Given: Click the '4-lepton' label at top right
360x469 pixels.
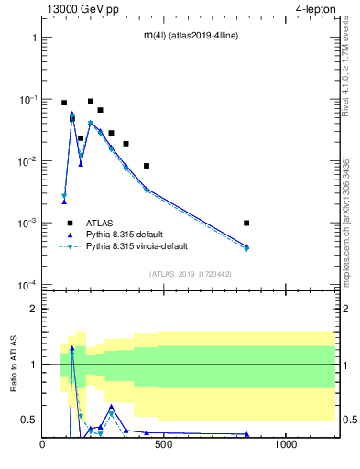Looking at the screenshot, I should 316,8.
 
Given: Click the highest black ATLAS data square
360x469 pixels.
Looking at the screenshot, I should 91,102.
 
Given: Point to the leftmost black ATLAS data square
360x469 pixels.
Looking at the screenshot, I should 64,103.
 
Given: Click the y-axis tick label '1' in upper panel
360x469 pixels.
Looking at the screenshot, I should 33,38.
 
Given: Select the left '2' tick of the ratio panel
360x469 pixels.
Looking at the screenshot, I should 33,309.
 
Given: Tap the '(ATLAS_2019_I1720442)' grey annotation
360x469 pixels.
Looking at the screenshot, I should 190,274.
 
